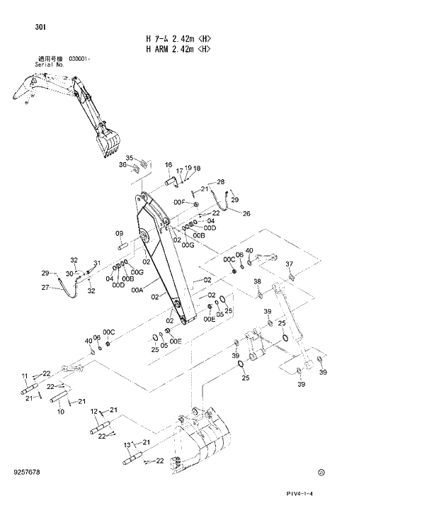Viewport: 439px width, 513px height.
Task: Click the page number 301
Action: pyautogui.click(x=40, y=28)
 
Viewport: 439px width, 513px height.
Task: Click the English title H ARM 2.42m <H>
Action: pyautogui.click(x=178, y=50)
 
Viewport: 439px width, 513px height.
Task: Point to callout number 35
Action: pyautogui.click(x=130, y=158)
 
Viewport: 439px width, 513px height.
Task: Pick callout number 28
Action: pyautogui.click(x=220, y=182)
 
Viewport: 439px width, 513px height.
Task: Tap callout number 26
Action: pyautogui.click(x=246, y=213)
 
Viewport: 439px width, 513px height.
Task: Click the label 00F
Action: pyautogui.click(x=179, y=203)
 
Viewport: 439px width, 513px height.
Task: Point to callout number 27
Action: pyautogui.click(x=45, y=288)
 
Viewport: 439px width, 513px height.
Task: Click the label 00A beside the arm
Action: pyautogui.click(x=137, y=290)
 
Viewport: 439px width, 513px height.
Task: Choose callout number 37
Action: pyautogui.click(x=288, y=264)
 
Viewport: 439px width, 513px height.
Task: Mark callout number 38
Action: pyautogui.click(x=257, y=282)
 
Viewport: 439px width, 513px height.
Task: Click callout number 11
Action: pyautogui.click(x=24, y=376)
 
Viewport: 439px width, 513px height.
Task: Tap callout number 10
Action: pyautogui.click(x=60, y=411)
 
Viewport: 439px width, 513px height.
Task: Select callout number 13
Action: pyautogui.click(x=127, y=445)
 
